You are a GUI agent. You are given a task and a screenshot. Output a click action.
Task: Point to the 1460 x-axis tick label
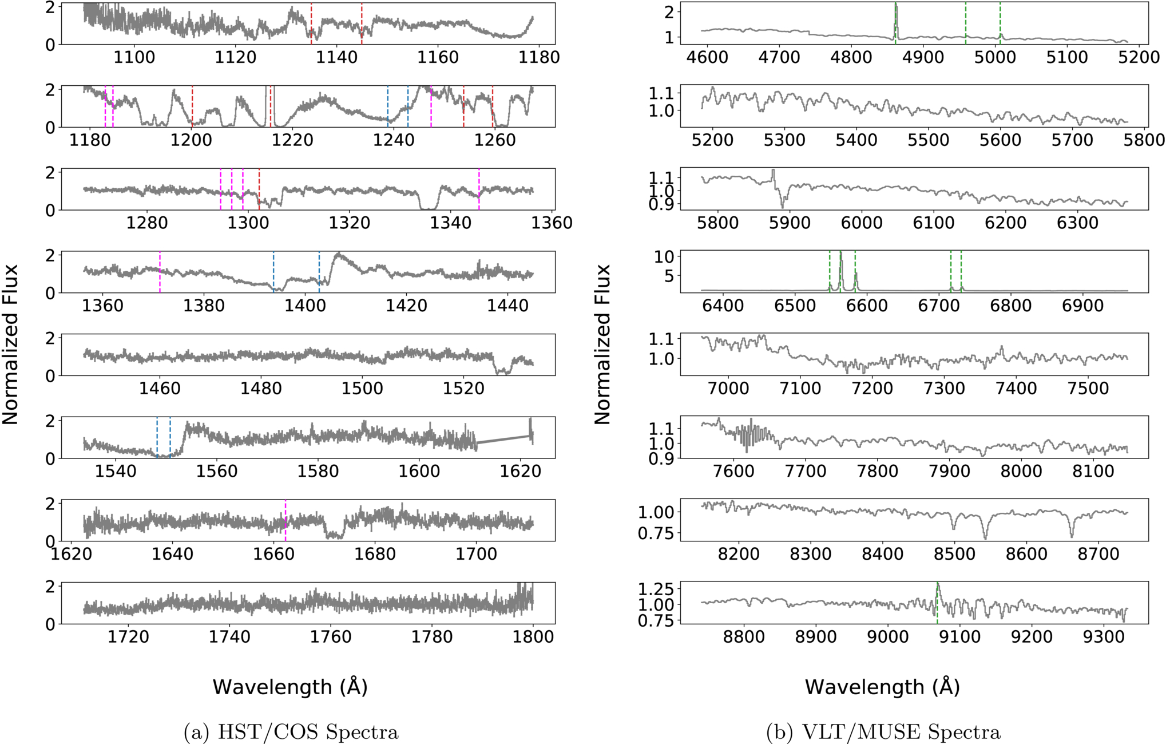click(160, 389)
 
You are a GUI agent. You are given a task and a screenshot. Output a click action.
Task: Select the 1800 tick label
click(533, 637)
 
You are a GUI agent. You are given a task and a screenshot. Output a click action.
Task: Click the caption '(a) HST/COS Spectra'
click(291, 732)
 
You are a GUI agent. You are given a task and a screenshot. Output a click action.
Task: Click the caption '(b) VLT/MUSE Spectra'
click(883, 732)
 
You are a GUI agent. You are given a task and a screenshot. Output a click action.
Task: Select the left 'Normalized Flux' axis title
click(10, 345)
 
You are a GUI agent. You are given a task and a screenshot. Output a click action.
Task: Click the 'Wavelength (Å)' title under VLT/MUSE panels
click(882, 686)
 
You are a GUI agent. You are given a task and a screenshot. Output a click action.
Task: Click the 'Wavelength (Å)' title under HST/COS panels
click(290, 686)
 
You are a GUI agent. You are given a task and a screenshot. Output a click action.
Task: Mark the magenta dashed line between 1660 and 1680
click(285, 520)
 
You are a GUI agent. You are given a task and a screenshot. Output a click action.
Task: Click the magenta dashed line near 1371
click(160, 272)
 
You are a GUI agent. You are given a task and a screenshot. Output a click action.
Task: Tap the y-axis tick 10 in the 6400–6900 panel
click(664, 256)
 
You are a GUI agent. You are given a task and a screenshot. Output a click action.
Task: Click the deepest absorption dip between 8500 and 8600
click(985, 538)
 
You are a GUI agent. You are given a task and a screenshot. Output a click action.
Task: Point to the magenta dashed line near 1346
click(479, 189)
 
